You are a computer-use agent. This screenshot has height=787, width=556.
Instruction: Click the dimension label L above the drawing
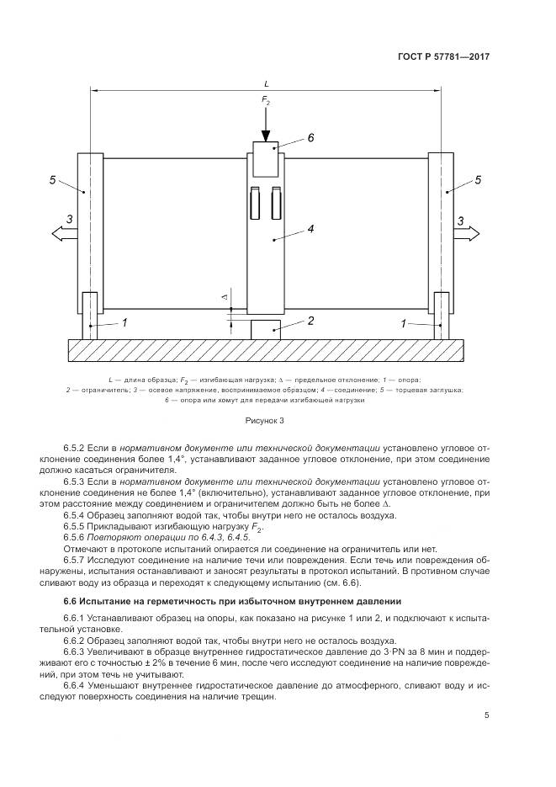(266, 84)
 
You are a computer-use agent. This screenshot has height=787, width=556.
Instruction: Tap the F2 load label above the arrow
(266, 102)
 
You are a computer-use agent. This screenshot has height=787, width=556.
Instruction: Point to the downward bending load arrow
(266, 126)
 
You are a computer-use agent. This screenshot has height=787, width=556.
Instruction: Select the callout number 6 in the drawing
(310, 137)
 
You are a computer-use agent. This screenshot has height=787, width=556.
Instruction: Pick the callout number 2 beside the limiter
(310, 321)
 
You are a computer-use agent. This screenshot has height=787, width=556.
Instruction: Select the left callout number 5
(52, 180)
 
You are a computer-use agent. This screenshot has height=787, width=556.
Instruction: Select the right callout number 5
(478, 180)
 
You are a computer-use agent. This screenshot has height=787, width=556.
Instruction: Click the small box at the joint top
(266, 159)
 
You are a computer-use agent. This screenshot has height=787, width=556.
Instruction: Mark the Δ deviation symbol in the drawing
(224, 298)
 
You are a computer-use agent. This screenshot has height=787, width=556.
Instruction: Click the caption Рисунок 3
(265, 419)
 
